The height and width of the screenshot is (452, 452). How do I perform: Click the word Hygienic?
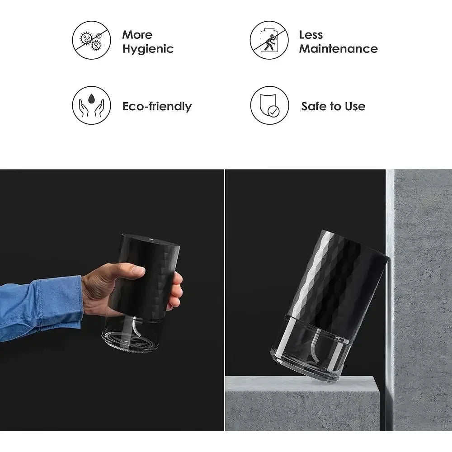(x=148, y=49)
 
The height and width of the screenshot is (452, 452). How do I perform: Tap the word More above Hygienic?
(x=137, y=35)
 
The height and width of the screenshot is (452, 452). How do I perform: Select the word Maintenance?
(x=338, y=49)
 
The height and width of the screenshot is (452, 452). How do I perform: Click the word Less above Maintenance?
(x=311, y=35)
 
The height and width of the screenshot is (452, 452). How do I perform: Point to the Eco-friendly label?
(x=157, y=107)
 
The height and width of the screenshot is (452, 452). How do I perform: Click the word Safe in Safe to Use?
(x=315, y=107)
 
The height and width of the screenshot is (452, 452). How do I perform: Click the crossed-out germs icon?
(x=91, y=40)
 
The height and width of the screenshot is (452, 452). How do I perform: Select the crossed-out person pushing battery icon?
(x=269, y=40)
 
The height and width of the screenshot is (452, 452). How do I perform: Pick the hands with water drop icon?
(x=92, y=105)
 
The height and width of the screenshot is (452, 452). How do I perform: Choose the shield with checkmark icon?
(x=269, y=105)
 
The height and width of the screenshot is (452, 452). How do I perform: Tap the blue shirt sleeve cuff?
(x=68, y=298)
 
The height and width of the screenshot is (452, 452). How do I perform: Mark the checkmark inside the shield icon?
(x=273, y=110)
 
